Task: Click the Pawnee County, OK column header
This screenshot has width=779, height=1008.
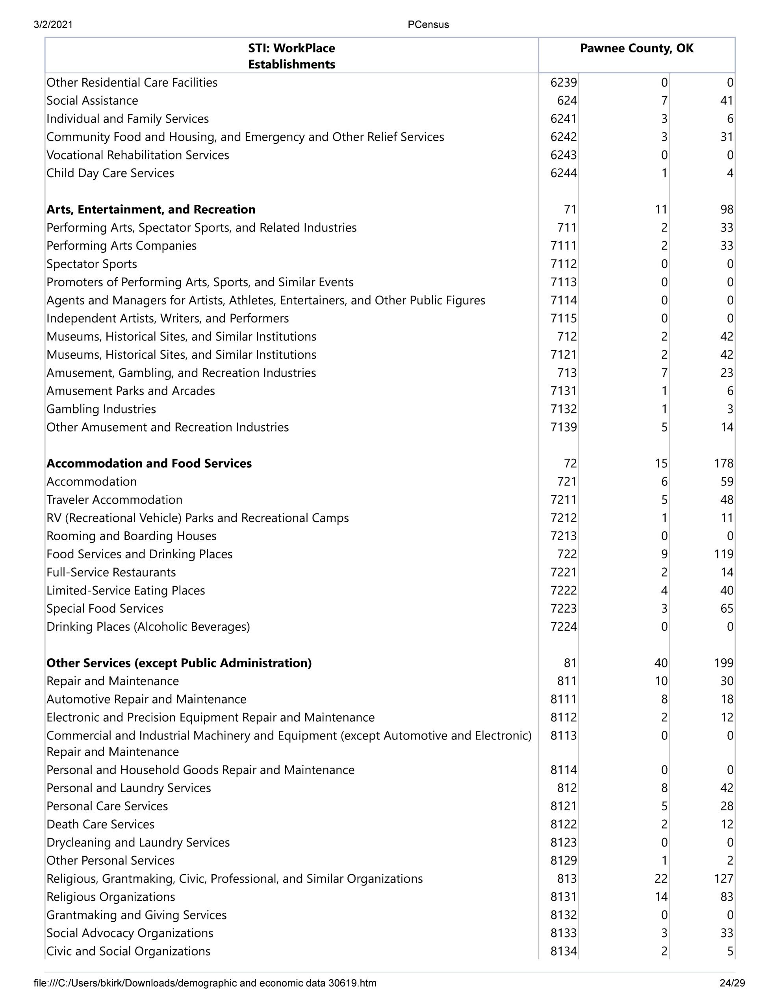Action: click(636, 48)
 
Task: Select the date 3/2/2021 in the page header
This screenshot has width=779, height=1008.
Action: click(53, 25)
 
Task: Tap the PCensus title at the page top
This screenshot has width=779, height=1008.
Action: click(428, 25)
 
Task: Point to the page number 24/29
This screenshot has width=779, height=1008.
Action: click(732, 983)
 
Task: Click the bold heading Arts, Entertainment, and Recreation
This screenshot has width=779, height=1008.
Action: click(150, 209)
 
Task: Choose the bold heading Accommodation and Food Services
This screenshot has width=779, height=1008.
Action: click(149, 463)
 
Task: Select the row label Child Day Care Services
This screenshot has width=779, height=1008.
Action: click(110, 173)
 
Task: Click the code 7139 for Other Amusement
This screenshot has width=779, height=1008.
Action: click(563, 427)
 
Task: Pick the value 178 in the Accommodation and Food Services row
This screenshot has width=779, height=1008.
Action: click(723, 463)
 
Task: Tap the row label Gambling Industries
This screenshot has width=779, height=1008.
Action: click(101, 409)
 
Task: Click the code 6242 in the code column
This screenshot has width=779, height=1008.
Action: click(563, 137)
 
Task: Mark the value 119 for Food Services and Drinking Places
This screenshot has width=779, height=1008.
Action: click(723, 554)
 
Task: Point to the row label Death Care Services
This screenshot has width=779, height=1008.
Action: click(100, 824)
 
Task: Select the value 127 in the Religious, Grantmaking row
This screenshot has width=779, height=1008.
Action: click(723, 879)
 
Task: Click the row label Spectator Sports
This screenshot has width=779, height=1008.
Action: click(91, 264)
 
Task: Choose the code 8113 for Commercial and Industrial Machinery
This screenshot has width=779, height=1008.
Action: click(563, 736)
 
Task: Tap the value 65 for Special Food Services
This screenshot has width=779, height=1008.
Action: click(726, 609)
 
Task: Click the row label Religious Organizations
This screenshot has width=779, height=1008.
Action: click(110, 897)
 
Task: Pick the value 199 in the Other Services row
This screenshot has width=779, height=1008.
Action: click(723, 663)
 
